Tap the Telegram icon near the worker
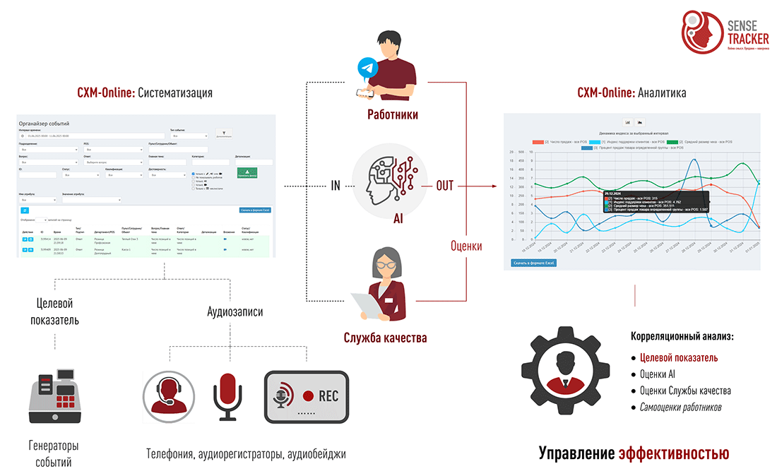366,68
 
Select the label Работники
393,114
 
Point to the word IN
336,186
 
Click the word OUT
444,186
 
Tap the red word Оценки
466,246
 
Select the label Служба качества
385,338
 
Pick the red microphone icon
227,396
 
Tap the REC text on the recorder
328,395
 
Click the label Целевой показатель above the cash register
54,311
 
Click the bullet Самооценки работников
681,407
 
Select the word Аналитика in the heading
662,93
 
